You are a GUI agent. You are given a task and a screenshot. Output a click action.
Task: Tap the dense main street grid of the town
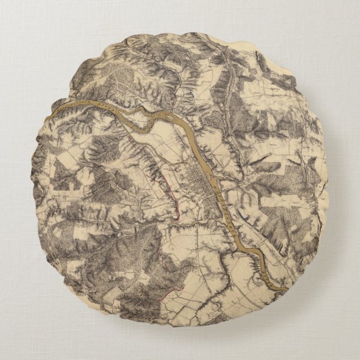click(x=198, y=182)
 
